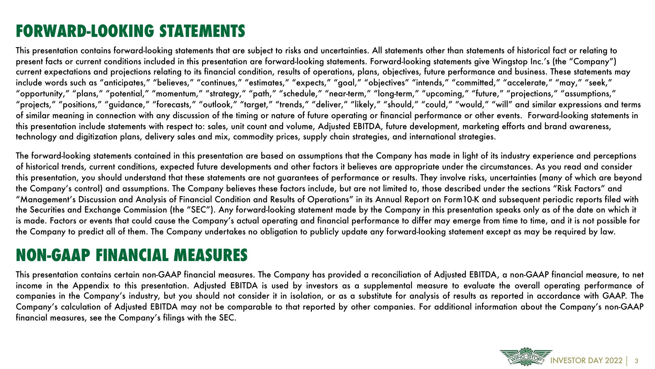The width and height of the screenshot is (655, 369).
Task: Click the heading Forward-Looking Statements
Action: [x=130, y=31]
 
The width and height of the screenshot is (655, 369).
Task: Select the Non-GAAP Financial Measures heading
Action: [x=132, y=256]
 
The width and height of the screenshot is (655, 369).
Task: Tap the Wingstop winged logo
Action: [x=525, y=357]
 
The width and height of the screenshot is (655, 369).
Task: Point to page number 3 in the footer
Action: [x=636, y=361]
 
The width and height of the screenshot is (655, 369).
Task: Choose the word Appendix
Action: [x=91, y=286]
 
